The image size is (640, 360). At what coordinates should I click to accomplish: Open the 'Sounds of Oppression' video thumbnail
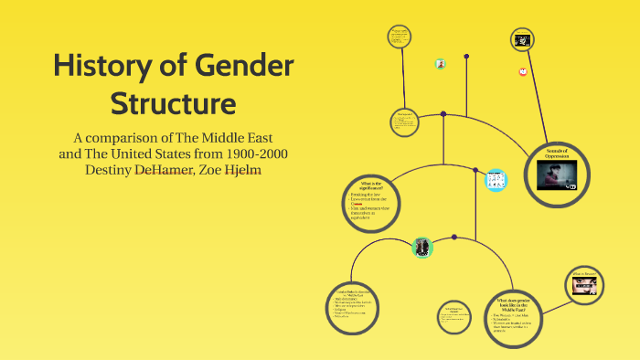pos(558,175)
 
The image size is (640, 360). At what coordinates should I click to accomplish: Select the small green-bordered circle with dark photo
pos(421,246)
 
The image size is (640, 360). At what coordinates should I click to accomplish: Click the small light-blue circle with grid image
pos(496,178)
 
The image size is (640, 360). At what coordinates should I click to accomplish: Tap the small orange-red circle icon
pos(523,70)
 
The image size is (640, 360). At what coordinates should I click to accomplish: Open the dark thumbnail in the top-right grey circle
pos(523,40)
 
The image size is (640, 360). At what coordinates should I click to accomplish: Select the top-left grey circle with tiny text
pos(399,38)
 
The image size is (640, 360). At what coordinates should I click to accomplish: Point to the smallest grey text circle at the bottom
pos(453,316)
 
